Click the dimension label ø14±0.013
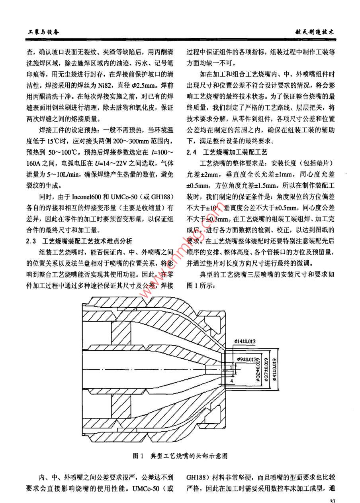245,341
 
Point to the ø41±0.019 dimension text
277,371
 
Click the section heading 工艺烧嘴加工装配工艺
235,152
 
